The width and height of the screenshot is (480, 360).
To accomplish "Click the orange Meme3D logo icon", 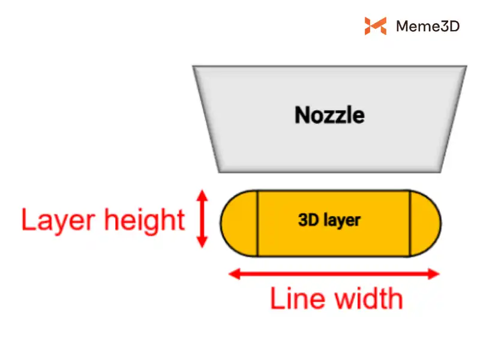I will pos(375,26).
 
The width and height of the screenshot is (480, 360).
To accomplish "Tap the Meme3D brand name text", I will pos(428,26).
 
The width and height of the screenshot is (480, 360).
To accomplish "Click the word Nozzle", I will pos(329,115).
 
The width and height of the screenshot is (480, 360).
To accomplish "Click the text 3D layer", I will pos(329,220).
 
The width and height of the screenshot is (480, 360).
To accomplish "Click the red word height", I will pos(144,221).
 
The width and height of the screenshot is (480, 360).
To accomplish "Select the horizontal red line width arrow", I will pos(335,274).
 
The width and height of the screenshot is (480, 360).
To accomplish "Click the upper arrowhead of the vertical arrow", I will pos(202,196).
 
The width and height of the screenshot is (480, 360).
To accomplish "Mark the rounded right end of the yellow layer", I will pos(426,223).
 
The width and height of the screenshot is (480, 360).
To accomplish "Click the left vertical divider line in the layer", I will pos(258,223).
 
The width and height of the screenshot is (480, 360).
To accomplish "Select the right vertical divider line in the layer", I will pos(410,223).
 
